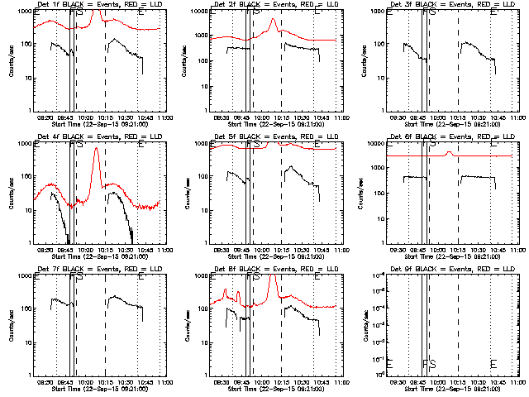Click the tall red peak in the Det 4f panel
coord(96,150)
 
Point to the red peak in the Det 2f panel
coord(272,22)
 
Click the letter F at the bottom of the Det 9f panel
coord(424,364)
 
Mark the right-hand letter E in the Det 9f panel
coord(493,364)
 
